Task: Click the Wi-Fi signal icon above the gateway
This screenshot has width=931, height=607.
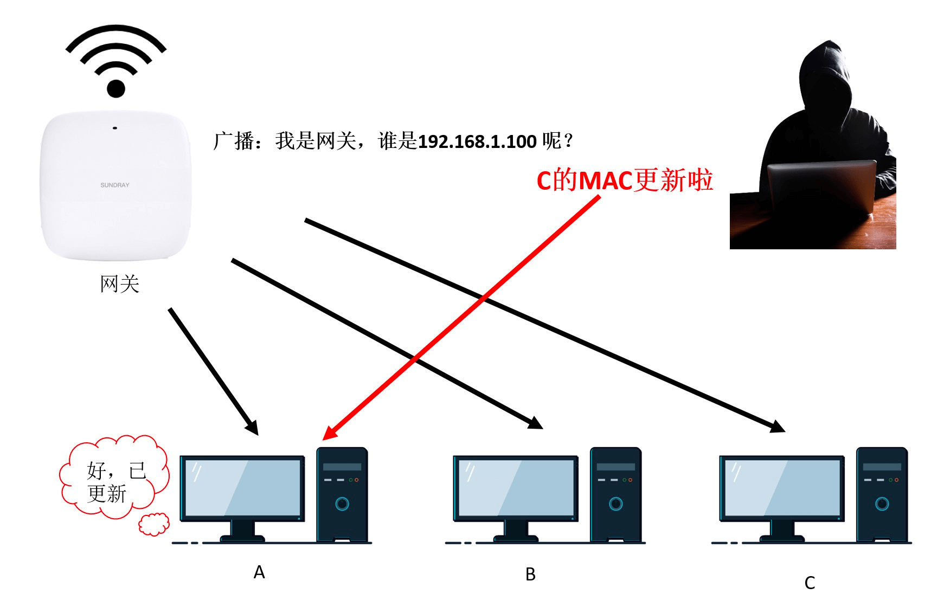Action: (x=116, y=61)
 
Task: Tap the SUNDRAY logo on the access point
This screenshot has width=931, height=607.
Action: (x=115, y=185)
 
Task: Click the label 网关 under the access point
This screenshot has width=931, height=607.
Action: (x=120, y=284)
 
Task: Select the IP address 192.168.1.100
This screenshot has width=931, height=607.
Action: (x=477, y=141)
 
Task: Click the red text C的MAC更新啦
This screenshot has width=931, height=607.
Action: (x=625, y=180)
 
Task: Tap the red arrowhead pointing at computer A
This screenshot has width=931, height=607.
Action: (x=329, y=433)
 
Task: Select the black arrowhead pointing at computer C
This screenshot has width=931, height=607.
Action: (x=778, y=427)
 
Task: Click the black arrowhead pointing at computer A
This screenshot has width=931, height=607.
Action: (x=252, y=428)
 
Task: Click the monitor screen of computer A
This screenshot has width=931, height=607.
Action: (x=243, y=487)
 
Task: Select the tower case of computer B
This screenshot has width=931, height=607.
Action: (x=615, y=494)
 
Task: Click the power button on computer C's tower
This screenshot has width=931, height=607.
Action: (x=882, y=504)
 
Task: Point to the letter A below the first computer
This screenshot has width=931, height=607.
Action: (x=259, y=572)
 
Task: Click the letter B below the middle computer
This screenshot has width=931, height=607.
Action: (x=530, y=574)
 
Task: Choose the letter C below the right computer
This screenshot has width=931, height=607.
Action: (x=810, y=583)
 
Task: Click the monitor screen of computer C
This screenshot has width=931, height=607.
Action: (x=782, y=487)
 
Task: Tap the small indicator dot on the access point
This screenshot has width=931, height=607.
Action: (x=115, y=128)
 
